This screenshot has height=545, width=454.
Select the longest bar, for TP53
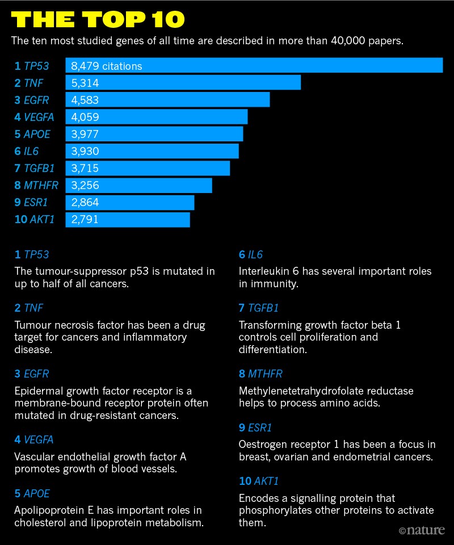254,66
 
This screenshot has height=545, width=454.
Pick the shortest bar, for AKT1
128,219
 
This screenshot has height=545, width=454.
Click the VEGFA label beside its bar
39,117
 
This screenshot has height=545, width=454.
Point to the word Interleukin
264,271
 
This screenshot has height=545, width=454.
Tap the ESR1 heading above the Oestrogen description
259,427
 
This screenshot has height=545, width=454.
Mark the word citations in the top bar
123,66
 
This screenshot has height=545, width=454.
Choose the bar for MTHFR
138,185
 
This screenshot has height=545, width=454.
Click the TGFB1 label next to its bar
39,168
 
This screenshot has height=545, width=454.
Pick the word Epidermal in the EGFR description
37,391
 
